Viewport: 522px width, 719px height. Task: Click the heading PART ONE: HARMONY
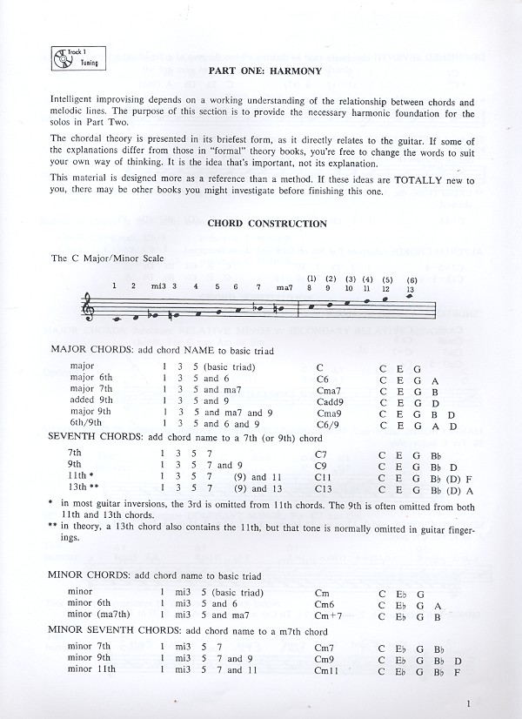(265, 71)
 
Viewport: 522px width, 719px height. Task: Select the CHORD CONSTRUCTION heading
(266, 224)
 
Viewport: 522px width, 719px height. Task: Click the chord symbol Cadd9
(329, 401)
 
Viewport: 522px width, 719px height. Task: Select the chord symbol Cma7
(327, 390)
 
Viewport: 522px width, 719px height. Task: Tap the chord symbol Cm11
(326, 670)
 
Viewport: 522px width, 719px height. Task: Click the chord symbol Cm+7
(327, 616)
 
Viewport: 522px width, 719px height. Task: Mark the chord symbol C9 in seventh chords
(320, 465)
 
